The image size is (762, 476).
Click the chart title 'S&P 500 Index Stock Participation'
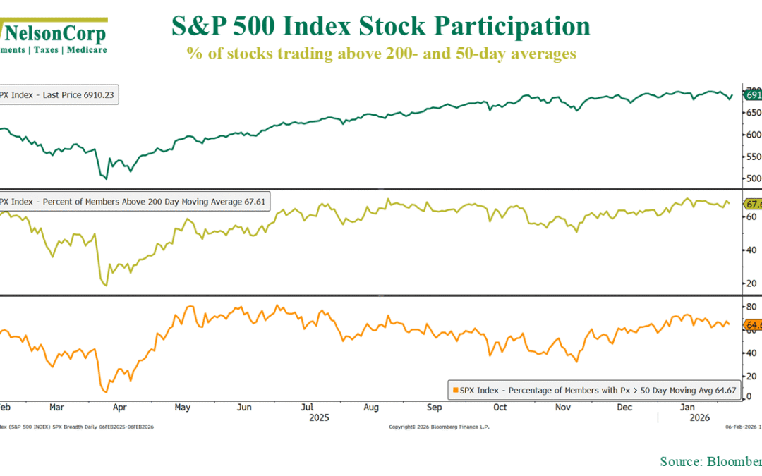click(x=381, y=27)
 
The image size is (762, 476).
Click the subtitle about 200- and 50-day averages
click(x=381, y=54)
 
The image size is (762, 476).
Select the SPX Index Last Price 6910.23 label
click(x=59, y=94)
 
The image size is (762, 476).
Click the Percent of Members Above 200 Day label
click(x=133, y=202)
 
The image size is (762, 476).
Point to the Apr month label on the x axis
click(x=120, y=407)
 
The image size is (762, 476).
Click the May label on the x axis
click(x=182, y=407)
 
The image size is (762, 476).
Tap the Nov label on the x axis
click(x=562, y=407)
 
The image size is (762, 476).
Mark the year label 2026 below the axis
click(x=688, y=417)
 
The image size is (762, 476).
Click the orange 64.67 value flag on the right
click(x=752, y=325)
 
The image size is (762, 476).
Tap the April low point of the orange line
click(x=105, y=392)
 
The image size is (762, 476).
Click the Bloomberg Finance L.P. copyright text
click(x=439, y=427)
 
